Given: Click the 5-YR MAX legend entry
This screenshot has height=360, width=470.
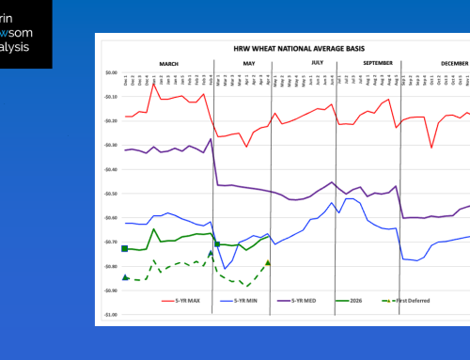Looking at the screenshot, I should (179, 300).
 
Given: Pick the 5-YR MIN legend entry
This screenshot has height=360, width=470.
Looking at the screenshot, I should (247, 300).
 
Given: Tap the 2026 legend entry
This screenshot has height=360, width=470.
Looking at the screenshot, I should (376, 300).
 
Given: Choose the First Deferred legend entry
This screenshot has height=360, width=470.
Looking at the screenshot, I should (434, 300).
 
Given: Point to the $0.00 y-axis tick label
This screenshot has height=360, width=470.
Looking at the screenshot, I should (111, 72).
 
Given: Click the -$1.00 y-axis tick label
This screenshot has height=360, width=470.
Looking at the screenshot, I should (111, 315).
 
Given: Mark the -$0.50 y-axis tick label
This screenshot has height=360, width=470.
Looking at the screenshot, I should (111, 194).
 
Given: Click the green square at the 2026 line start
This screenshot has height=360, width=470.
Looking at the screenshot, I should (125, 248).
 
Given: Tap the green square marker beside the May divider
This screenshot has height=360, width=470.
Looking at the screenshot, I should (217, 244).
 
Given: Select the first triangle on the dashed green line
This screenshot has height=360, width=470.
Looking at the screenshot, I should (126, 277).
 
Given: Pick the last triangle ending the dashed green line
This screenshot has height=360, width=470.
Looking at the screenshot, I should (268, 262).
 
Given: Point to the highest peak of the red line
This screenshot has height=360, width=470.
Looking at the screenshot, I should (153, 85).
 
